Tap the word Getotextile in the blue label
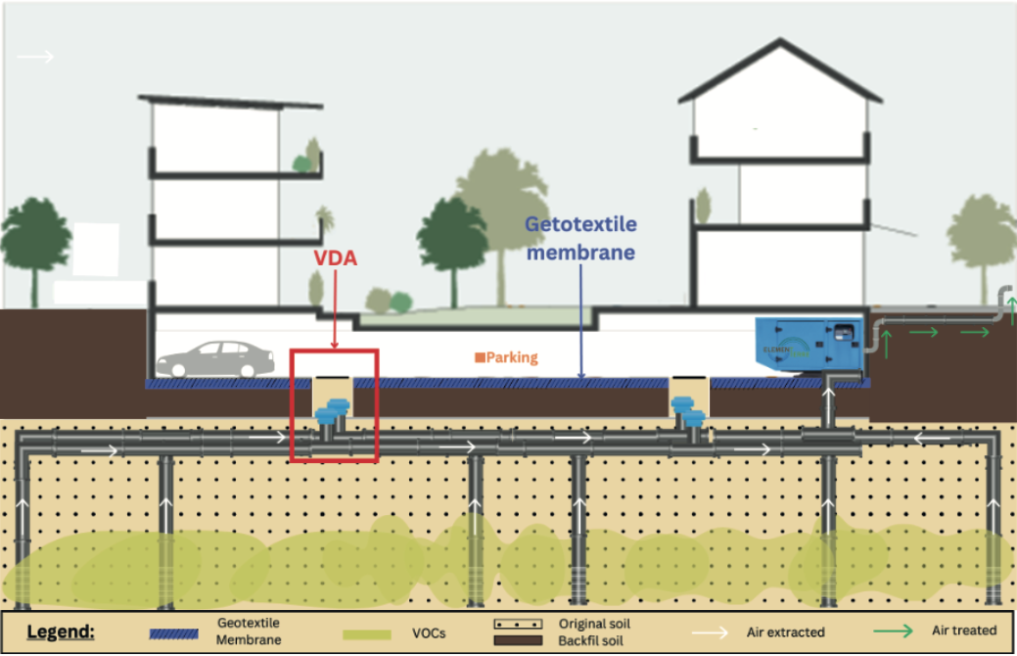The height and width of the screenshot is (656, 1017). (580, 224)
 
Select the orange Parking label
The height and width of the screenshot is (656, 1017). (507, 357)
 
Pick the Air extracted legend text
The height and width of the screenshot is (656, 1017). (785, 632)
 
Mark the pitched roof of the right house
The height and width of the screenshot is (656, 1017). (780, 73)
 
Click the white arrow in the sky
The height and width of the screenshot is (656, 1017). (36, 57)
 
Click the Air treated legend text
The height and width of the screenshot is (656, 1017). (965, 631)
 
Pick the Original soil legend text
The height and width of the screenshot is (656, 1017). (594, 624)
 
